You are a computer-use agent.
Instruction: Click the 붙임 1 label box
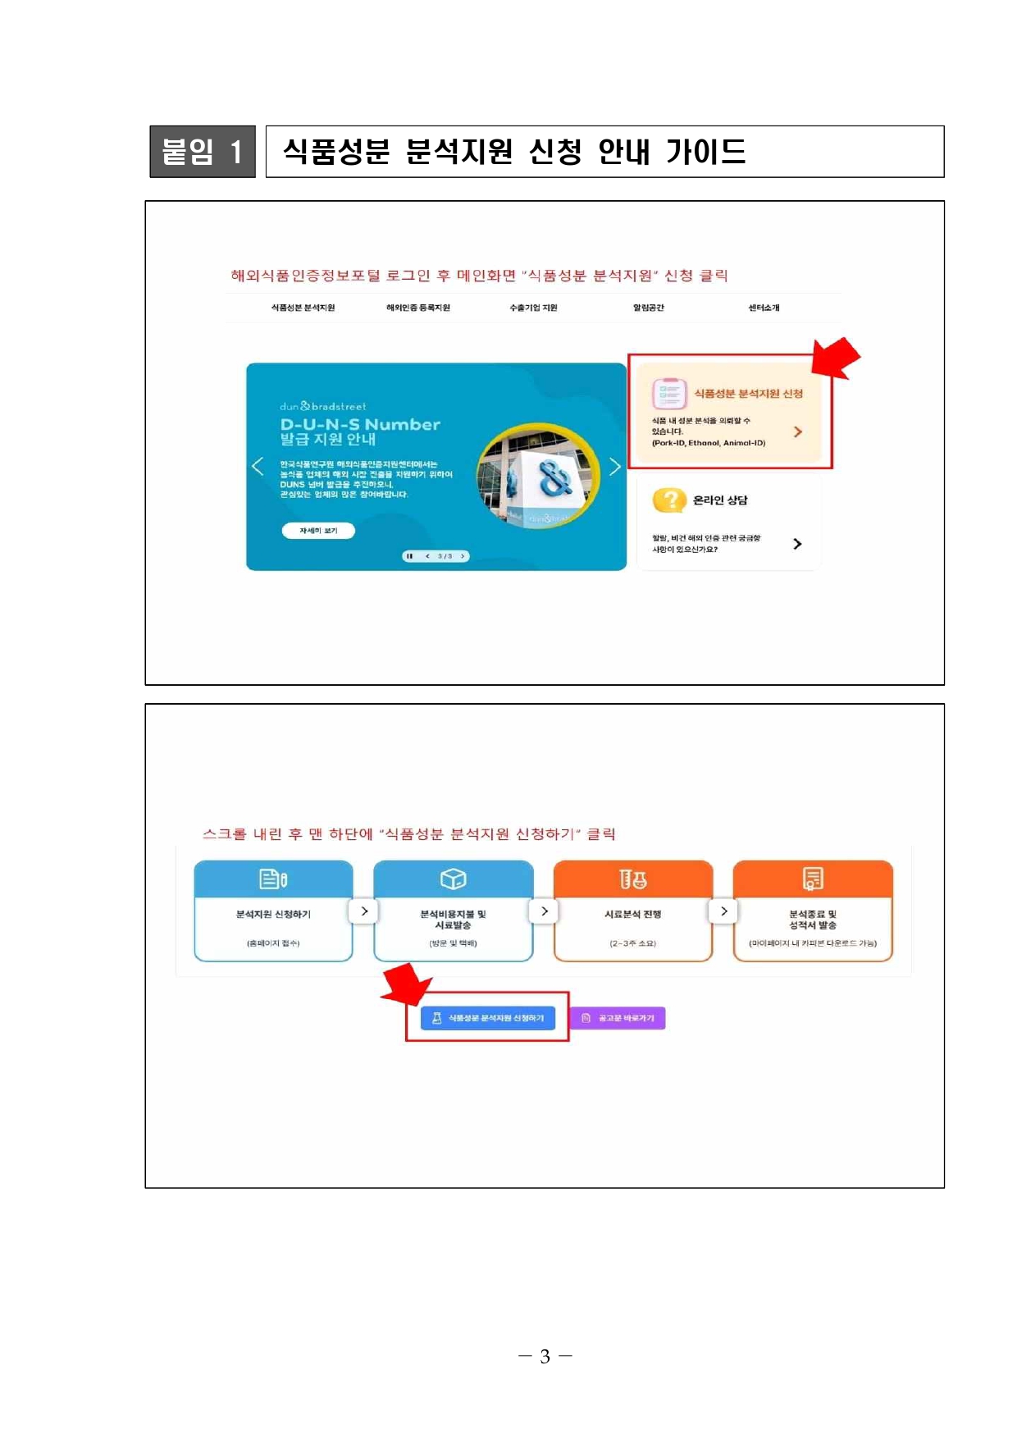[203, 152]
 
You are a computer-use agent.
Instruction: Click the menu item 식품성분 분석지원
[303, 308]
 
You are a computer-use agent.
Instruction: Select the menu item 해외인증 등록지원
[417, 308]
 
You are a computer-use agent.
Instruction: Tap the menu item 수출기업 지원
[533, 308]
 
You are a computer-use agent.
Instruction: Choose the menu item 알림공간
[648, 308]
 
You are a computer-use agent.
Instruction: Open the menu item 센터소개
[764, 308]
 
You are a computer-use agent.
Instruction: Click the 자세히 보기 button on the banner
[318, 531]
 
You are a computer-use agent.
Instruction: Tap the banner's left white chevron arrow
[258, 467]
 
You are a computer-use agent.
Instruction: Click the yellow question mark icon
[669, 500]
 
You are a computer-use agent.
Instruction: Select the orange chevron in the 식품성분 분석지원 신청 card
[797, 431]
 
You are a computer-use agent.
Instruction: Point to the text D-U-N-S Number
[360, 424]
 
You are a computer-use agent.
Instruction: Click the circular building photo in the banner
[539, 476]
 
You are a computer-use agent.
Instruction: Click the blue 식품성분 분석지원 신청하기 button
[488, 1018]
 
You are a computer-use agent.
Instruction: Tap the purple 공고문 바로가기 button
[618, 1018]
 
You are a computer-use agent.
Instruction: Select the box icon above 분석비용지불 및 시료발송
[453, 879]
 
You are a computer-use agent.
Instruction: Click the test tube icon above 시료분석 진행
[632, 879]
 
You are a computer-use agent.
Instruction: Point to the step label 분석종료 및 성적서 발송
[812, 920]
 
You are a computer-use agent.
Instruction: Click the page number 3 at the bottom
[545, 1356]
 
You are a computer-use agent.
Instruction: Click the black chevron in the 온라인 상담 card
[797, 544]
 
